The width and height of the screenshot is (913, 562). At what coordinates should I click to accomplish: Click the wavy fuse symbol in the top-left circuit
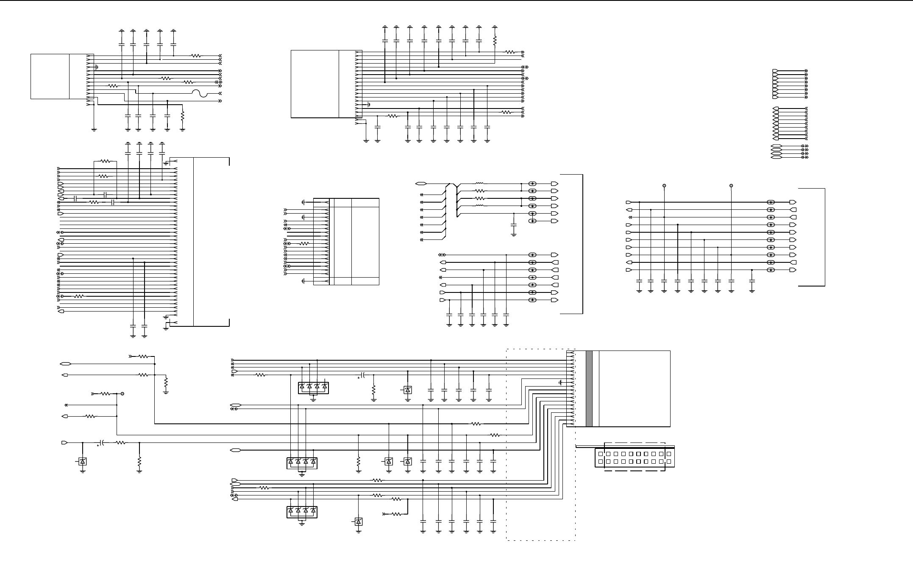200,93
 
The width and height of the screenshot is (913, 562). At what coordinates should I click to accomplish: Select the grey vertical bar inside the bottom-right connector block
589,388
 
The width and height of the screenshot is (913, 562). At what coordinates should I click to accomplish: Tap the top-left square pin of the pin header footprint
600,454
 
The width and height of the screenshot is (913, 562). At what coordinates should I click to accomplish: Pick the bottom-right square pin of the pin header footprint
668,462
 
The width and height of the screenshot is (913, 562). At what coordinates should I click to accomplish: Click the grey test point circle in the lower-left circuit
122,394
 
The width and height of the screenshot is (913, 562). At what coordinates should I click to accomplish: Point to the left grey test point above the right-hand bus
664,186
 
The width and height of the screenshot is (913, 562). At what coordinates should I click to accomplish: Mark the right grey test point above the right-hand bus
731,186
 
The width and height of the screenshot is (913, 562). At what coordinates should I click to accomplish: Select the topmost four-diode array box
313,387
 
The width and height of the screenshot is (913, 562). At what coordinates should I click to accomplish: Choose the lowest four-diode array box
302,512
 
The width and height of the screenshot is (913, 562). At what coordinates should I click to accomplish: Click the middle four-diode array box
302,462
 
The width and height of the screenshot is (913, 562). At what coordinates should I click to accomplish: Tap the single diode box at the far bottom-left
83,462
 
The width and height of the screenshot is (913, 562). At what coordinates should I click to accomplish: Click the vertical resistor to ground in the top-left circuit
183,115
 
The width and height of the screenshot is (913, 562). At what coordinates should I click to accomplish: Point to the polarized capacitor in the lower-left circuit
102,443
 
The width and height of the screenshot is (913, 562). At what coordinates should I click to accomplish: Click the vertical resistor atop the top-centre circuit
495,41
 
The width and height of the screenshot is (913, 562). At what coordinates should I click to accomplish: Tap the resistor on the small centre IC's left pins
304,244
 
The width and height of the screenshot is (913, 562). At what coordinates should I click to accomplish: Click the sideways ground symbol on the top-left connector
97,67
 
